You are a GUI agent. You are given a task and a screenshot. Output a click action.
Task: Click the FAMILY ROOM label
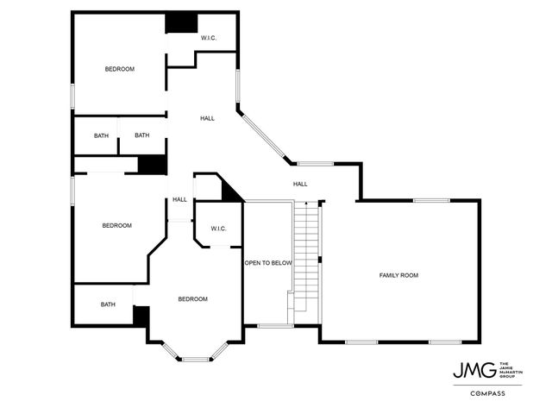398,275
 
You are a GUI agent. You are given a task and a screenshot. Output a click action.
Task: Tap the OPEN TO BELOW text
268,263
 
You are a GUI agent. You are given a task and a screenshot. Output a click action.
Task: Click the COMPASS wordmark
487,393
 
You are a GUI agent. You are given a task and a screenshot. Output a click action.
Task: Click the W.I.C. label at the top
209,38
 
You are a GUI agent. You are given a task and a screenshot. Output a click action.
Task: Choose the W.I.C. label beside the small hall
217,229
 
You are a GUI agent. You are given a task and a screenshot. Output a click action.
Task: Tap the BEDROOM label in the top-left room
120,69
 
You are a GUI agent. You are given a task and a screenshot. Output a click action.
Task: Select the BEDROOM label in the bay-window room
192,299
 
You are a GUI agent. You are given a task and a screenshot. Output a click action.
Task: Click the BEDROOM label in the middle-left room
116,225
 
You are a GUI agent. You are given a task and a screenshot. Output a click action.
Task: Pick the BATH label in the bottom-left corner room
108,304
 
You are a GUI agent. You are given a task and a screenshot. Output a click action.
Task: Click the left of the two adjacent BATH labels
102,135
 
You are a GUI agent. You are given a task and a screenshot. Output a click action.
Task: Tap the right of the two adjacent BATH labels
141,135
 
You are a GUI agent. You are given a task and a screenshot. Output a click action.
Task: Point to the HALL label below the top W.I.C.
207,118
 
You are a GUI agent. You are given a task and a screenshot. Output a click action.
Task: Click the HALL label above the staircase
300,184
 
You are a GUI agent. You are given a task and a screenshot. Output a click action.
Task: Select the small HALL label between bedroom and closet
179,199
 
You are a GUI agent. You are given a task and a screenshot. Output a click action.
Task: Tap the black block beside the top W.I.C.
181,22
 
